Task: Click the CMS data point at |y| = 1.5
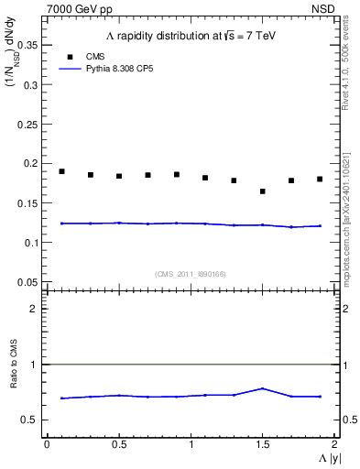click(263, 191)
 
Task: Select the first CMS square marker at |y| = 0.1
click(61, 171)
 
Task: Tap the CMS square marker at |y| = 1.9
click(320, 179)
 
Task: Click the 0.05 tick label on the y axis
click(29, 281)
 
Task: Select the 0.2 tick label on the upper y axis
click(32, 163)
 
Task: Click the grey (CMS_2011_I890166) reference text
click(192, 273)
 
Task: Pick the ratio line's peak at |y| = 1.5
click(263, 388)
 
